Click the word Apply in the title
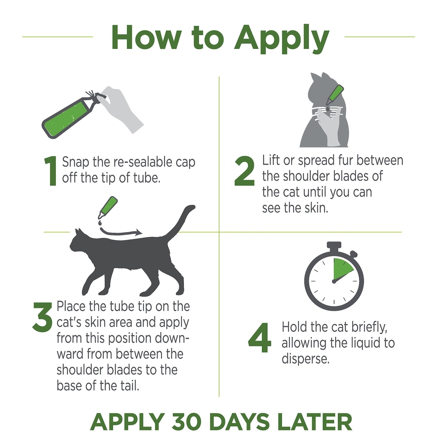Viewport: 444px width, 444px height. pos(282,39)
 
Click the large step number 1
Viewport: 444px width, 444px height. pos(51,171)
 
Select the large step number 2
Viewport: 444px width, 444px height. pos(245,171)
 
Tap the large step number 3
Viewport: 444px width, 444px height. pos(43,317)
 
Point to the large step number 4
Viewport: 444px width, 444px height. pos(259,337)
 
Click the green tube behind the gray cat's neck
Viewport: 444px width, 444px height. pos(334,95)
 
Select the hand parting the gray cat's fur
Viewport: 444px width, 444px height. pos(329,127)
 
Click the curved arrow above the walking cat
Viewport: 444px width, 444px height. pos(120,233)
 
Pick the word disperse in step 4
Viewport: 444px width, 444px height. pos(306,359)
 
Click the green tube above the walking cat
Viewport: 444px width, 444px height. pos(108,207)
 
